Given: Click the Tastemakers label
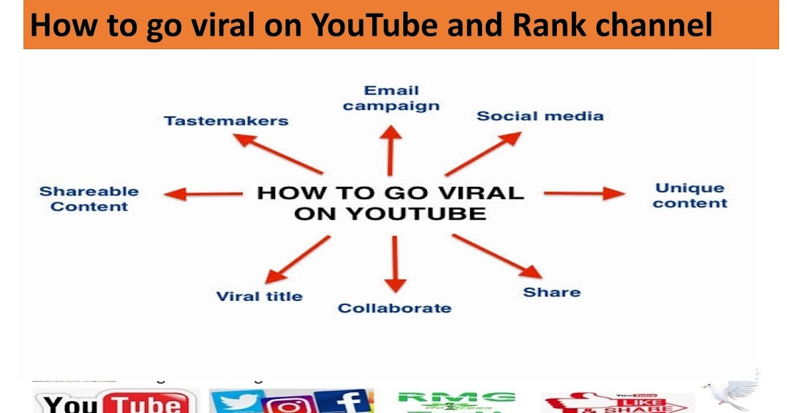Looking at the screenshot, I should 226,121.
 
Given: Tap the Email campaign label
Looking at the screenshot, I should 392,98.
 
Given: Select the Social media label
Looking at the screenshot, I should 540,116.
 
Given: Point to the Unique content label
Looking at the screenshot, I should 690,195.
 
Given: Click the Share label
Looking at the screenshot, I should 552,292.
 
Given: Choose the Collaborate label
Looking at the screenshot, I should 394,308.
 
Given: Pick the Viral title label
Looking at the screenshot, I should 259,296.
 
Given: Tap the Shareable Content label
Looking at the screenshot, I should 89,199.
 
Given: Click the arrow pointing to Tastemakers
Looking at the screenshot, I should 278,153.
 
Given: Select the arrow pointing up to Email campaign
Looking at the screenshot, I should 392,151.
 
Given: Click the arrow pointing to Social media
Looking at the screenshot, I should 483,153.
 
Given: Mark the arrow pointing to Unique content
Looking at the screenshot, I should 584,193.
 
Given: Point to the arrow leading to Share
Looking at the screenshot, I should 497,256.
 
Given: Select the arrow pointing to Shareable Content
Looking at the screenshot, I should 203,194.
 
